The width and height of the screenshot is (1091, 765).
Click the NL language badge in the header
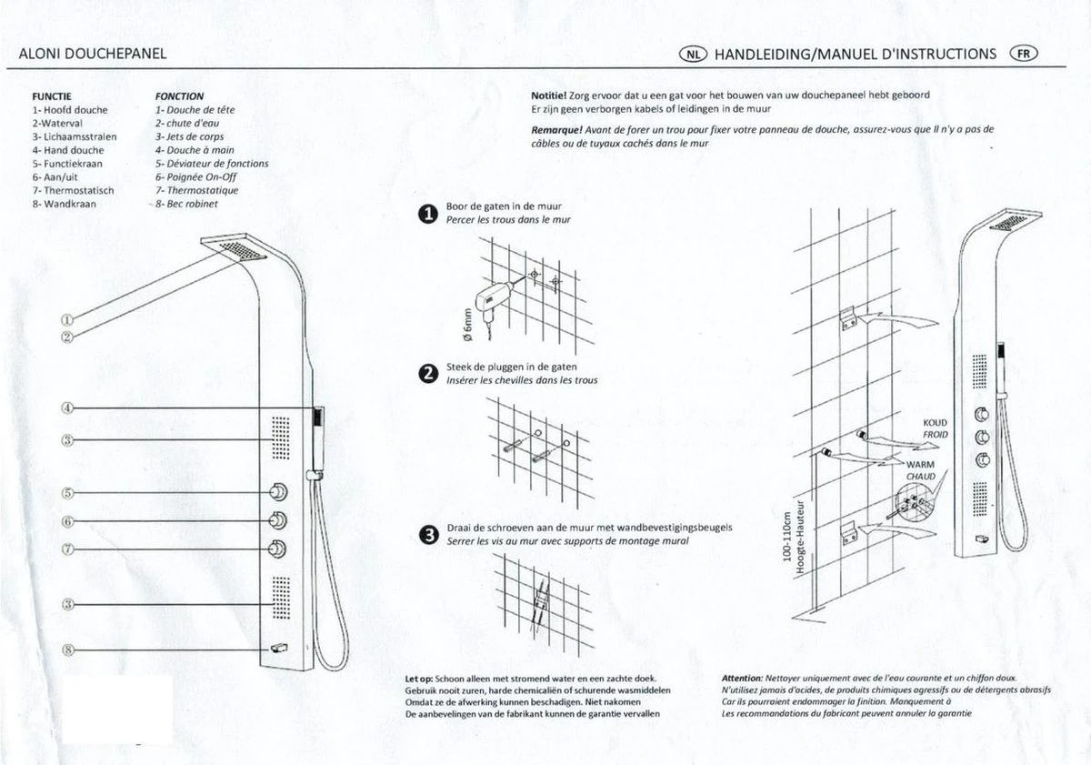click(x=693, y=54)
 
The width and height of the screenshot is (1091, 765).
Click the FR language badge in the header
click(x=1023, y=53)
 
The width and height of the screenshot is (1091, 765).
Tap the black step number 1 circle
click(x=427, y=215)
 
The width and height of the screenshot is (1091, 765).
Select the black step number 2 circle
click(x=427, y=374)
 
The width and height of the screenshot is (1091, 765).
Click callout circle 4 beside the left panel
click(x=67, y=408)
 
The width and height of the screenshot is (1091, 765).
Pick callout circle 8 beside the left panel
click(x=67, y=649)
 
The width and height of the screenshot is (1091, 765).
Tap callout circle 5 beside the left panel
click(x=67, y=494)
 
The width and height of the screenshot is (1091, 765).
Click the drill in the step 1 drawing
click(x=496, y=297)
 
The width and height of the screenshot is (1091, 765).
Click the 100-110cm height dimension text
click(x=786, y=538)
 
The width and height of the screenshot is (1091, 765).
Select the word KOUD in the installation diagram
click(x=935, y=423)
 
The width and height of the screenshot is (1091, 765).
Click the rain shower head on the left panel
click(x=234, y=247)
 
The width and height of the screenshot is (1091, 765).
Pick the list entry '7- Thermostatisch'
click(x=73, y=191)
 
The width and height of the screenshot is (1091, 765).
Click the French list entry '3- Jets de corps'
click(x=189, y=136)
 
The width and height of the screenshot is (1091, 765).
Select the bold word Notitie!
click(x=547, y=95)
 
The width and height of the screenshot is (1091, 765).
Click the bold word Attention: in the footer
click(x=741, y=679)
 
